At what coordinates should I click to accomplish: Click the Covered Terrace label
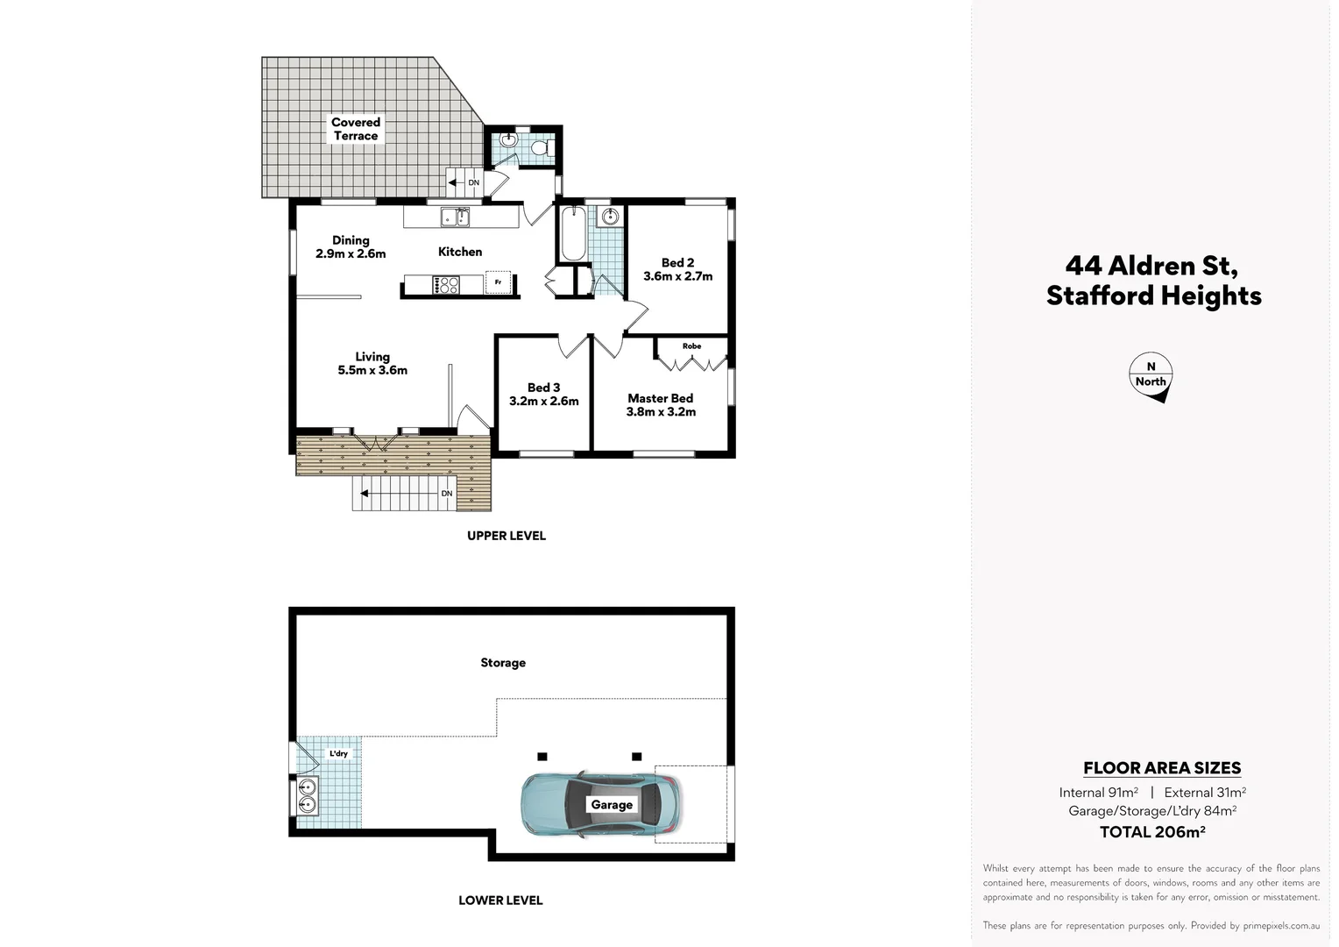356,129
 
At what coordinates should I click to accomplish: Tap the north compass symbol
1151,377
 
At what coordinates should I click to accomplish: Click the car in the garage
600,804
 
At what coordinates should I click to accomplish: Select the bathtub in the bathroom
573,233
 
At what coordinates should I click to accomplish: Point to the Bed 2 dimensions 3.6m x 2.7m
677,276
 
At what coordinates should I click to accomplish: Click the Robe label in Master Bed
691,346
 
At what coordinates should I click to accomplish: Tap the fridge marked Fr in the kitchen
497,282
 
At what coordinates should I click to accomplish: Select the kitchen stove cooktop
446,284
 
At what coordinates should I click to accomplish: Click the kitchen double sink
455,217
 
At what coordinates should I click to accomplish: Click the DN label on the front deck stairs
447,494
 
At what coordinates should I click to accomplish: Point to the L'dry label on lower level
338,753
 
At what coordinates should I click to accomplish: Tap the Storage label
503,663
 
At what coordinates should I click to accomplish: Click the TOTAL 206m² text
1152,832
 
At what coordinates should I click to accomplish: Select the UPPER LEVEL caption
506,536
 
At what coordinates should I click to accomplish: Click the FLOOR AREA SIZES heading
1162,768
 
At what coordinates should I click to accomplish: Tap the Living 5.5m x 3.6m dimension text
372,370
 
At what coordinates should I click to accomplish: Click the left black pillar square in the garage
542,756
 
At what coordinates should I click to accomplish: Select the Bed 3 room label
543,388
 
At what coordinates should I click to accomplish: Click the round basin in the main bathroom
609,217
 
